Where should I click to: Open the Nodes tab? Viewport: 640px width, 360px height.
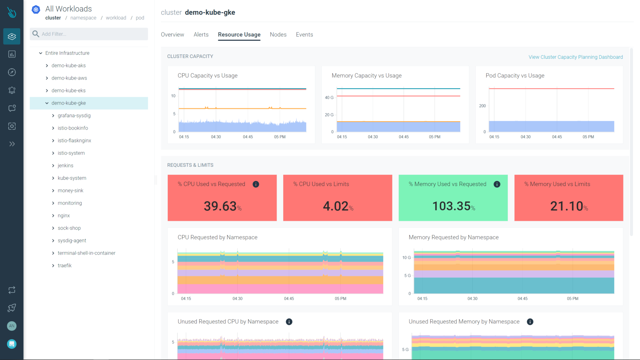(x=278, y=34)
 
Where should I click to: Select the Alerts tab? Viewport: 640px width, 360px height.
(x=201, y=34)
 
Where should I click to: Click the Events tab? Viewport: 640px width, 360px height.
(x=304, y=34)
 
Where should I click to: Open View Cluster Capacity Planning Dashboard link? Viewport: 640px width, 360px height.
(x=575, y=57)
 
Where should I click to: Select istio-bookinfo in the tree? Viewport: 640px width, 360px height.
(x=73, y=128)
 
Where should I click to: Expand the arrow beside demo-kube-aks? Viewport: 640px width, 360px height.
(x=47, y=66)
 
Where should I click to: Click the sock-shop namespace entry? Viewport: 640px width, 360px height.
(x=69, y=228)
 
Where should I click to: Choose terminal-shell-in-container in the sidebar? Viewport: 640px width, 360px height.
(x=86, y=253)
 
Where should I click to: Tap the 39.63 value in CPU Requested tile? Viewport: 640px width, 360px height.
(x=220, y=206)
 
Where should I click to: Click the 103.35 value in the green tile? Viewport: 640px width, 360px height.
(x=451, y=206)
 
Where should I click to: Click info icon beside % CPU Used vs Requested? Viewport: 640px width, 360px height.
(x=256, y=184)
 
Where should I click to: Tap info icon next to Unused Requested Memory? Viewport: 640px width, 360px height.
(x=530, y=322)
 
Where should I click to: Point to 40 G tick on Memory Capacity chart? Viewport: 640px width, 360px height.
(x=329, y=97)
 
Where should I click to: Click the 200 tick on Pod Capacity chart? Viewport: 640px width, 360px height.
(x=482, y=106)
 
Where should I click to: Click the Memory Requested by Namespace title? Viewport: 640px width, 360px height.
(x=453, y=237)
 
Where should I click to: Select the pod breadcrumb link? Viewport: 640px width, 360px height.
(x=140, y=18)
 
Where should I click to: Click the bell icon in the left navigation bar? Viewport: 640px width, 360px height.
(x=12, y=90)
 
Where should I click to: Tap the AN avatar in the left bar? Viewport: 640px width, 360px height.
(x=12, y=326)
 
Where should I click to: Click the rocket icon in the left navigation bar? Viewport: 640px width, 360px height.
(x=12, y=308)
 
